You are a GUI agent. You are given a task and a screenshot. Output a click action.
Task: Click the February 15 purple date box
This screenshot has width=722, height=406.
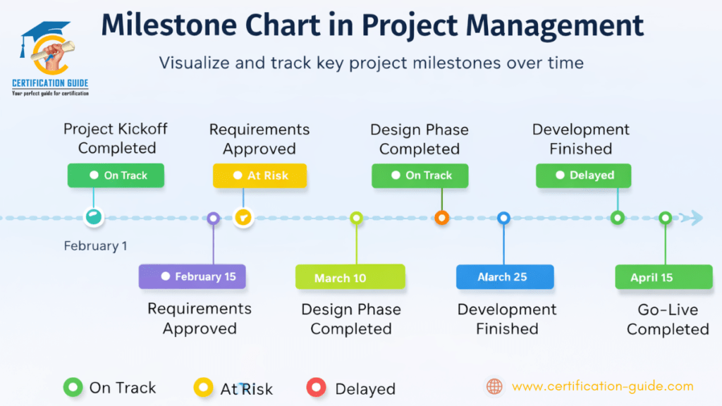coord(192,276)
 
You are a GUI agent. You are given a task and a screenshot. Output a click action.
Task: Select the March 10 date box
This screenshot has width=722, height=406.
coord(350,277)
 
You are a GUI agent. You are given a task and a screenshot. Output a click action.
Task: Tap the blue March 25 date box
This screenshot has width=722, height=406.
coord(504,277)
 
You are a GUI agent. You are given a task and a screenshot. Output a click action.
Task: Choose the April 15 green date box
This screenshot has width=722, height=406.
coord(663,277)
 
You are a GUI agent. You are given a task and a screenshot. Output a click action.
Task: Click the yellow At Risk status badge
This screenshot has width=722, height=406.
coord(260,176)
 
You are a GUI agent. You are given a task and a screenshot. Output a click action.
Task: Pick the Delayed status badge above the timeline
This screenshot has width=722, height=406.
coord(583,176)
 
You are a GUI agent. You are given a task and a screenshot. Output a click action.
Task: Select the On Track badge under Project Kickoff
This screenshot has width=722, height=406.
coord(116,176)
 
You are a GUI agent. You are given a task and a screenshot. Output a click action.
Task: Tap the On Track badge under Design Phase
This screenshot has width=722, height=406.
coord(421,176)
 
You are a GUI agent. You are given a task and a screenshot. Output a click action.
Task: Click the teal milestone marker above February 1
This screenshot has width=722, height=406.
coord(93,217)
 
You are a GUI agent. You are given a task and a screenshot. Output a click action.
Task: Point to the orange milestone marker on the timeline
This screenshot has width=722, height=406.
coord(442,218)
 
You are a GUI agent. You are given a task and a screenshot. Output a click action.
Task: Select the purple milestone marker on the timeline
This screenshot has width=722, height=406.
coord(213,219)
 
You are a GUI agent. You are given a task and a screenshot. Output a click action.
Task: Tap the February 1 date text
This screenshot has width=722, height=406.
coord(96,246)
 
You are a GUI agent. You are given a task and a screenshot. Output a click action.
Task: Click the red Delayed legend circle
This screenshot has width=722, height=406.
coord(316,387)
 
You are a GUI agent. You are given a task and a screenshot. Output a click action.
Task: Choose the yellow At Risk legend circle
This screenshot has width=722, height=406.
coord(203,387)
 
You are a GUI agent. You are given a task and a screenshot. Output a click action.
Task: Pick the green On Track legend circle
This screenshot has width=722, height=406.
coord(73,387)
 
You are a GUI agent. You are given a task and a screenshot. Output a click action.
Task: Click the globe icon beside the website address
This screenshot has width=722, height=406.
coord(495,386)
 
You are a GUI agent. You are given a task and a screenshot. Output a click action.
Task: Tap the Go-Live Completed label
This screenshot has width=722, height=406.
coord(667,319)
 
